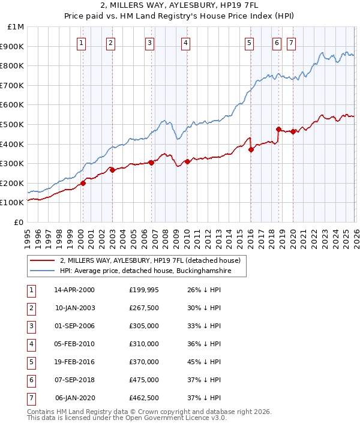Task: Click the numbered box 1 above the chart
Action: click(81, 43)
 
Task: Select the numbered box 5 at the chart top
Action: click(248, 43)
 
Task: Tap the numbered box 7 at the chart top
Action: click(291, 43)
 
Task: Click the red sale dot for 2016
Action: click(251, 150)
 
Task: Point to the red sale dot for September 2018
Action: click(278, 129)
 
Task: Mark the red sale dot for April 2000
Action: click(83, 183)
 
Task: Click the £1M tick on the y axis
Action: click(16, 27)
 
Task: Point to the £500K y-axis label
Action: click(13, 124)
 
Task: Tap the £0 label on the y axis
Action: click(19, 222)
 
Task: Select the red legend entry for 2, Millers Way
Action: click(150, 260)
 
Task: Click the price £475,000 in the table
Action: click(144, 380)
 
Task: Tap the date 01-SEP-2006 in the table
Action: click(74, 326)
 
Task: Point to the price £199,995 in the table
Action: click(144, 290)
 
